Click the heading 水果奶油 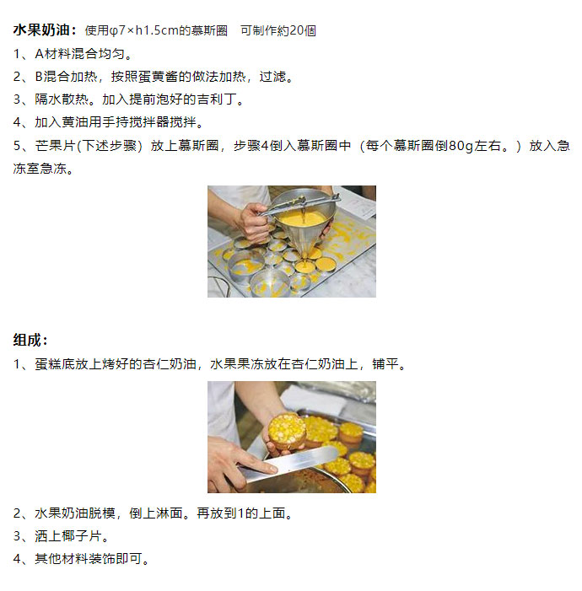41,30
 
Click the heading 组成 27,340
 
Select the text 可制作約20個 278,30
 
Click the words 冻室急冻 40,169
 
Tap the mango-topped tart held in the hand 288,431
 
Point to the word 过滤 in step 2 272,77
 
